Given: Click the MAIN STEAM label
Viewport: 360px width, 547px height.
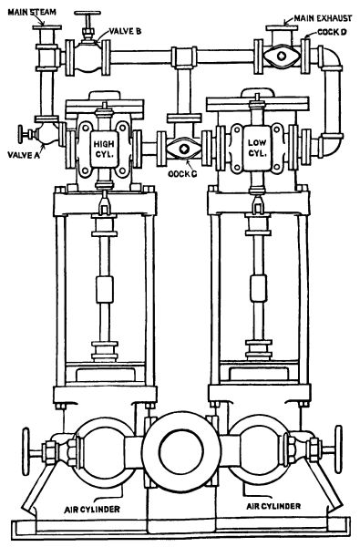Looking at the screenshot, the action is click(32, 12).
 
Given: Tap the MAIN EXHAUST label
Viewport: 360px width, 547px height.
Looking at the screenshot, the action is click(323, 18).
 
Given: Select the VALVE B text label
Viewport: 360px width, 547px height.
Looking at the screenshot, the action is click(125, 31).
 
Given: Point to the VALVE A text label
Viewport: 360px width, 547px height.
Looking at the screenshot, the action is click(24, 155).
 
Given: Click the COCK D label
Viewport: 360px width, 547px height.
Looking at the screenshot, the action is click(332, 33).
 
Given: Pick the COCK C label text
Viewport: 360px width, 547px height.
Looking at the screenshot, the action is click(182, 173).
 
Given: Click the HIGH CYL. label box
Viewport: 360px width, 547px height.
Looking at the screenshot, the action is click(104, 149).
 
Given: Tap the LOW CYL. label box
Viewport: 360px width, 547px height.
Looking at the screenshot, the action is click(257, 148).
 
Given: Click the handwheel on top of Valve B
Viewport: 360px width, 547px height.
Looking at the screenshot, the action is click(87, 14).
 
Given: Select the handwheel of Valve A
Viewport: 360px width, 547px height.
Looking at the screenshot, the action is click(22, 134).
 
